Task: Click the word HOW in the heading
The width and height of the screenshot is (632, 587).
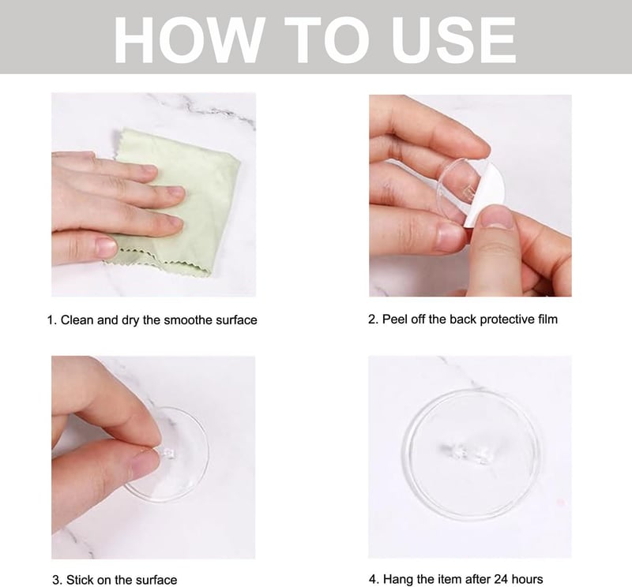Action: (x=190, y=40)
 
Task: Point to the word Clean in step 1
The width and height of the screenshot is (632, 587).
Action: (x=77, y=320)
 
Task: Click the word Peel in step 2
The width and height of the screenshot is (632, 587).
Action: (x=394, y=320)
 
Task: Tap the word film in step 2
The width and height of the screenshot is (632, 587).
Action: (x=547, y=320)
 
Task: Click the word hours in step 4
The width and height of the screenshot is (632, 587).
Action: (x=527, y=579)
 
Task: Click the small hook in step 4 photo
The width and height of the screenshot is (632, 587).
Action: (x=464, y=453)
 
